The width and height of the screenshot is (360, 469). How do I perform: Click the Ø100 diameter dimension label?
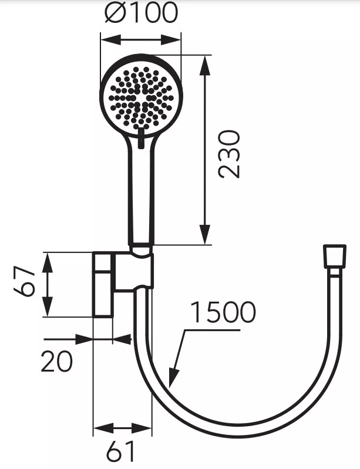click(x=142, y=13)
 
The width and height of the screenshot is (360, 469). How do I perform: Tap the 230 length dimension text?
click(x=229, y=154)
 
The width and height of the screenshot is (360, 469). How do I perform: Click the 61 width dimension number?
click(x=120, y=451)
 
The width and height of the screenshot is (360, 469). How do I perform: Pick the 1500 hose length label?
click(x=223, y=313)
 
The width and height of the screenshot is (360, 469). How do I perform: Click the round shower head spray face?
click(x=141, y=96)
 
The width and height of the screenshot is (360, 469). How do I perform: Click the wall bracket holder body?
click(x=134, y=272)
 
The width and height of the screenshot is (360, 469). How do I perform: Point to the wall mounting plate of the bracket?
click(x=103, y=284)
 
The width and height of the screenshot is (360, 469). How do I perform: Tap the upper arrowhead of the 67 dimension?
click(x=48, y=260)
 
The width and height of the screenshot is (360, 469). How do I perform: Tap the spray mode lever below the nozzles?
click(x=141, y=140)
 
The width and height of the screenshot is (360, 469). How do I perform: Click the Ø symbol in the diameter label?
click(x=116, y=13)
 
